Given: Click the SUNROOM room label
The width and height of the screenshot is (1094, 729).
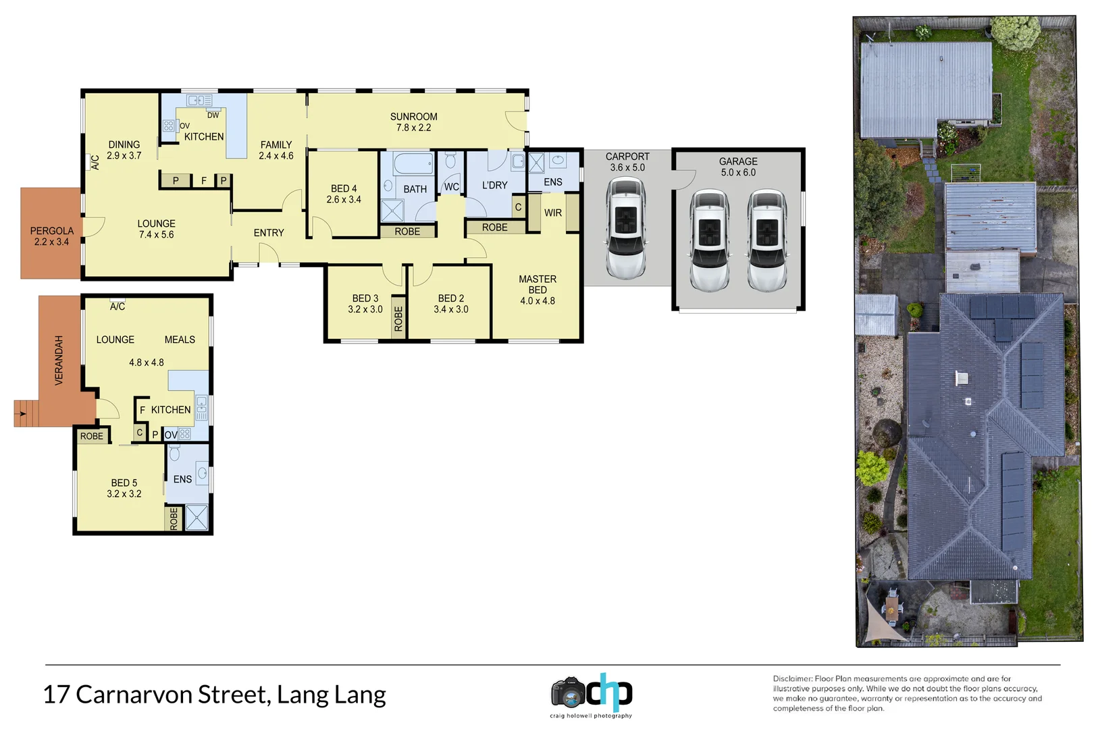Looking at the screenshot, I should click(x=413, y=117).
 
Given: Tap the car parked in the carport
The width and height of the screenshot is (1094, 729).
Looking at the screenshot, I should click(x=626, y=227).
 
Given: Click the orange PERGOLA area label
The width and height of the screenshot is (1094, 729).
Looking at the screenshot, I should click(x=51, y=231).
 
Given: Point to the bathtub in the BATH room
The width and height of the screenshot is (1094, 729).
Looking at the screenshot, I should click(x=413, y=164).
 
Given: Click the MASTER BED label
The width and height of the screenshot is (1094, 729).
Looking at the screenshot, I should click(x=538, y=284).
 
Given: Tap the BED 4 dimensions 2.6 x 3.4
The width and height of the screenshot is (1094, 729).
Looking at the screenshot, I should click(x=344, y=200).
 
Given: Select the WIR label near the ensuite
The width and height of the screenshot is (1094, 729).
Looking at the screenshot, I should click(x=552, y=213).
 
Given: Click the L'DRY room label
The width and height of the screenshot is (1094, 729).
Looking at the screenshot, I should click(x=494, y=185).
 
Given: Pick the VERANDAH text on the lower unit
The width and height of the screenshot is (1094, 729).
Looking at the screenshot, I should click(x=59, y=360).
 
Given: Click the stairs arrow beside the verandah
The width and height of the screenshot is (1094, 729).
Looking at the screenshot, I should click(x=23, y=414).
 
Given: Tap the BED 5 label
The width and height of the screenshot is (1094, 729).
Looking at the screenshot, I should click(x=124, y=483).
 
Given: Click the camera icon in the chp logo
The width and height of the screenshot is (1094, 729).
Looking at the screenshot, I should click(x=568, y=693).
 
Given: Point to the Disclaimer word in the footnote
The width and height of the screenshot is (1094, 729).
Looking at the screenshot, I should click(x=792, y=679).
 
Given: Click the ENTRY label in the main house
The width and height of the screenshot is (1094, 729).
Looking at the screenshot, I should click(x=269, y=233).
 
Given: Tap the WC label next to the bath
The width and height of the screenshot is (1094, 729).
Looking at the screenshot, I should click(x=451, y=187).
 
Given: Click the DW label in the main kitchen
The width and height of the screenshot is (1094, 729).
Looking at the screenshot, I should click(x=213, y=115).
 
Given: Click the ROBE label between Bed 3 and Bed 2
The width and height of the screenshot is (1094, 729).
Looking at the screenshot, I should click(x=398, y=318).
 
